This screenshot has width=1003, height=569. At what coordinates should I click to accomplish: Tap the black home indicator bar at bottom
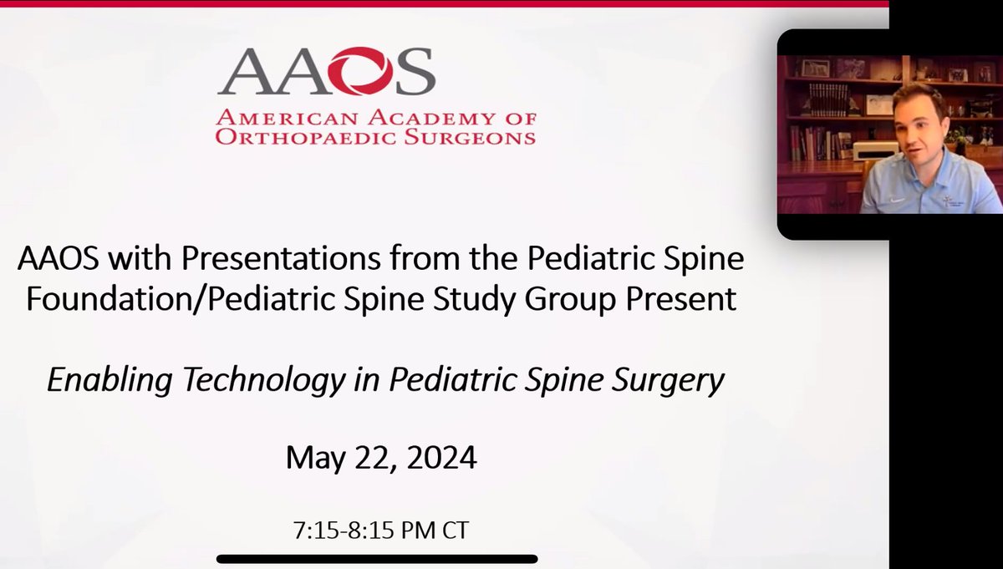377,559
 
